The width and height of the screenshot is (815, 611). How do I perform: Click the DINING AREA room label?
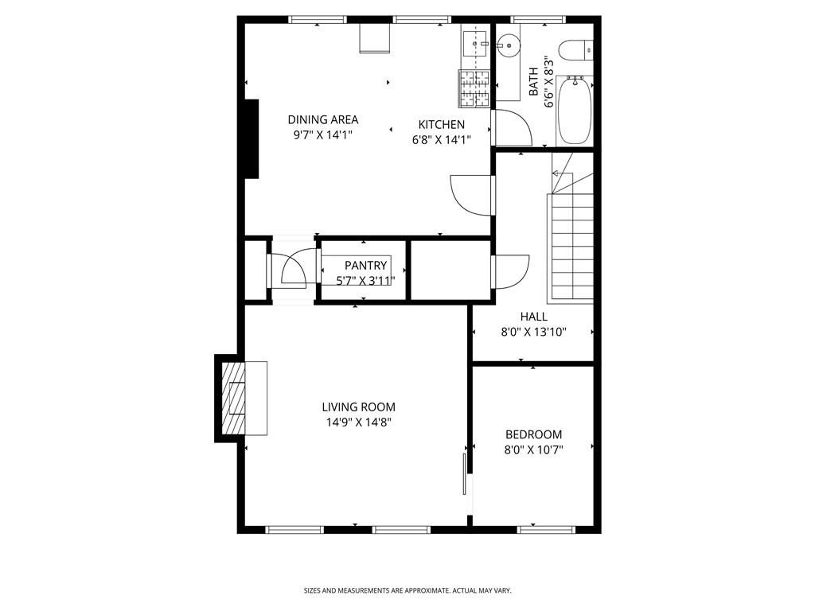point(322,119)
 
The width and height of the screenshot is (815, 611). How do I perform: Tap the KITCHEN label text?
point(442,124)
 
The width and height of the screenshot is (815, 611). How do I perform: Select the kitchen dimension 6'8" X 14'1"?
point(442,139)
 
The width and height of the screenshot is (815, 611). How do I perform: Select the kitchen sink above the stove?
point(475,45)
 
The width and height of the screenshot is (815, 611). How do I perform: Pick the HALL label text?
point(533,317)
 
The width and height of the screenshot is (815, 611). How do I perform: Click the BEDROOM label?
point(533,434)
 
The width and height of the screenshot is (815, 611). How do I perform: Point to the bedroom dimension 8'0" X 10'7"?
point(533,450)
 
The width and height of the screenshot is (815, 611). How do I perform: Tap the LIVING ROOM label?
point(358,407)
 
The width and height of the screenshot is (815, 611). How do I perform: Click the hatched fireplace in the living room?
point(234,398)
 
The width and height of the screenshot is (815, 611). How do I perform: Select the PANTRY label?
point(365,265)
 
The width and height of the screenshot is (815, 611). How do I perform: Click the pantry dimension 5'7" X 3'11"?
point(365,280)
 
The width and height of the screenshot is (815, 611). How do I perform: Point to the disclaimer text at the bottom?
point(407,590)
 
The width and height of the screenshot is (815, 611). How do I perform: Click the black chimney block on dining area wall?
point(251,138)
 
